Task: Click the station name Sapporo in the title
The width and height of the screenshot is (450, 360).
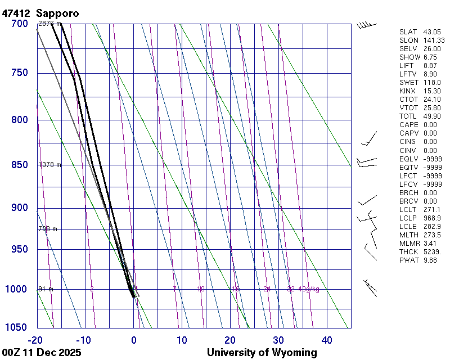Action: click(59, 12)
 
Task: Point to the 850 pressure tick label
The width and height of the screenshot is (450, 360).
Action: click(19, 165)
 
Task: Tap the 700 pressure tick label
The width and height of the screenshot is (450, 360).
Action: click(19, 24)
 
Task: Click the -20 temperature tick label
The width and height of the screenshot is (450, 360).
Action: click(35, 340)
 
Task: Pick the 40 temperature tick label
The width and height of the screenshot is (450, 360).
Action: click(326, 340)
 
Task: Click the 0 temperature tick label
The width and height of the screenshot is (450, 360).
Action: click(133, 340)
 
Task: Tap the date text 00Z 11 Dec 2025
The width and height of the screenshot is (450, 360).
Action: click(42, 353)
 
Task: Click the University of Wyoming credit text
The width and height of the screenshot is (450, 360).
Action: click(262, 353)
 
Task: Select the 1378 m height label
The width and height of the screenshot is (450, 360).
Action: click(49, 165)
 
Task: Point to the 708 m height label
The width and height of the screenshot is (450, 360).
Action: click(48, 229)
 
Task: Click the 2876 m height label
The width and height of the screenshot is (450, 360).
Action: click(49, 24)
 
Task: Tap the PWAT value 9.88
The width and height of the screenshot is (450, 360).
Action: click(431, 260)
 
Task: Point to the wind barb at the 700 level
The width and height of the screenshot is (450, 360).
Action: click(366, 25)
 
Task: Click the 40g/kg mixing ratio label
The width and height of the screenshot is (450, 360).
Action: click(309, 289)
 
